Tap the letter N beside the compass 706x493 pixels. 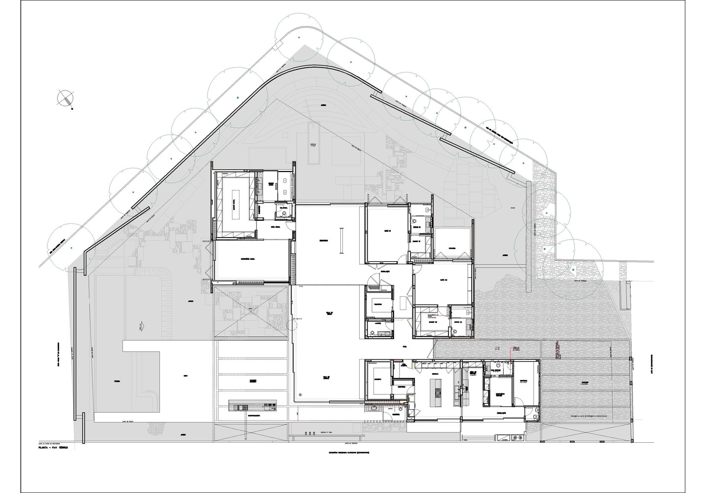point(72,108)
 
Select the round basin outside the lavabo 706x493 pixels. point(373,409)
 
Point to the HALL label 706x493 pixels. point(404,347)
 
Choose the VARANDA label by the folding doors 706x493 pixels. point(453,247)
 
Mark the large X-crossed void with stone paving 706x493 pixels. point(251,312)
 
